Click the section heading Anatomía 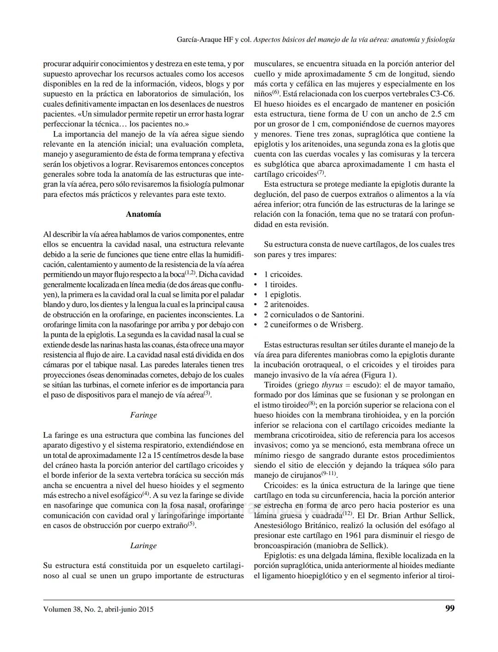(x=143, y=214)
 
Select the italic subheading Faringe (x=143, y=415)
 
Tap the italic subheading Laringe (x=143, y=545)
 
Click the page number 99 (x=450, y=608)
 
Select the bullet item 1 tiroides (x=280, y=285)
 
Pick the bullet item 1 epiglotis (x=282, y=295)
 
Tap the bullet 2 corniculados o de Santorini (x=314, y=314)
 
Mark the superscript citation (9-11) (x=329, y=474)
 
